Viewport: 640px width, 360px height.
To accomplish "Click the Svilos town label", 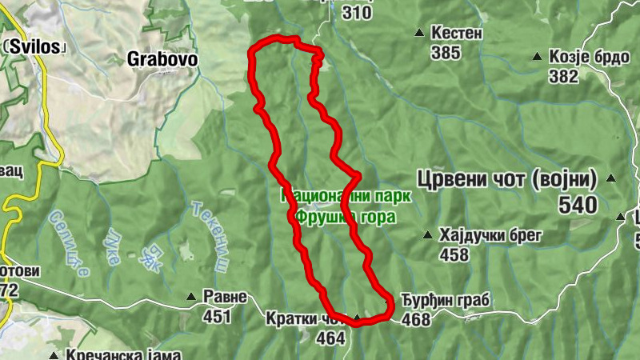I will point(34,46).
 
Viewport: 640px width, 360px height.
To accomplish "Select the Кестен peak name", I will point(457,34).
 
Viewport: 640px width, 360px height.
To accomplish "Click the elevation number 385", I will point(445,54).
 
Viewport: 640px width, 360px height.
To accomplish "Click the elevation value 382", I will point(563,76).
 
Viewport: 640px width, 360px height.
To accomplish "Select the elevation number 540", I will point(578,206).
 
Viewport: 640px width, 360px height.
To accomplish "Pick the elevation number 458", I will point(454,254).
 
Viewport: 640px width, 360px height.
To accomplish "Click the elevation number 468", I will point(416,320).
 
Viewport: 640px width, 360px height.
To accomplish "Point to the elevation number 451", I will point(217,317).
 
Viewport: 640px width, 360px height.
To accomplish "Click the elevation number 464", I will point(330,338).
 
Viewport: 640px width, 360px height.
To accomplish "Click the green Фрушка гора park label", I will point(334,215).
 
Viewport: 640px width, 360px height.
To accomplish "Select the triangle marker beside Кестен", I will point(419,33).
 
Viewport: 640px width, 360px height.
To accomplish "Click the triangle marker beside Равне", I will point(190,297).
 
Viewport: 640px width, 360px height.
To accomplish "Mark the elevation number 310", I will point(357,13).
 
